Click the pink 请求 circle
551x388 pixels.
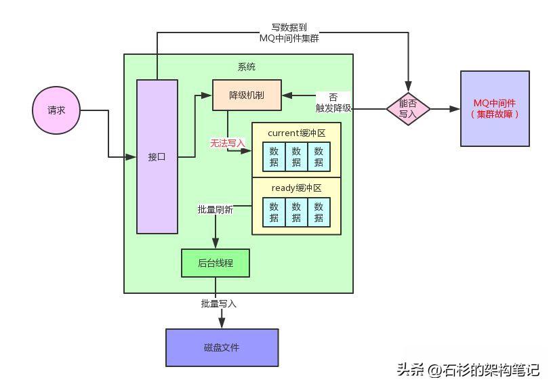56,110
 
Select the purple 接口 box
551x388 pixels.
157,156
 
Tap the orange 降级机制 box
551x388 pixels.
247,95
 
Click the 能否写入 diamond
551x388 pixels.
409,109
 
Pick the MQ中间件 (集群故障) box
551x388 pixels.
494,108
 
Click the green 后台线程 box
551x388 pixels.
216,263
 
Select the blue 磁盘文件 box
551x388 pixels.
222,347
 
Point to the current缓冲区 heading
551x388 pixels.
296,133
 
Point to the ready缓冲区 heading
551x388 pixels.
296,188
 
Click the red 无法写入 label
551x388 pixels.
227,144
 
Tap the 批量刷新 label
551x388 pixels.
216,210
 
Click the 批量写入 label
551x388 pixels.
218,303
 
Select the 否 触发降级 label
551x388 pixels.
333,102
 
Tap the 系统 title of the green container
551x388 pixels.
247,67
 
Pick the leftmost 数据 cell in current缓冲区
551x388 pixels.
274,156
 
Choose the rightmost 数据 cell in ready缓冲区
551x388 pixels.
319,212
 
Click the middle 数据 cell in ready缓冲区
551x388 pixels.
296,212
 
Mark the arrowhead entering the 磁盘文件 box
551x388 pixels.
222,325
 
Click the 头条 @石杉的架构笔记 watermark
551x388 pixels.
468,370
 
